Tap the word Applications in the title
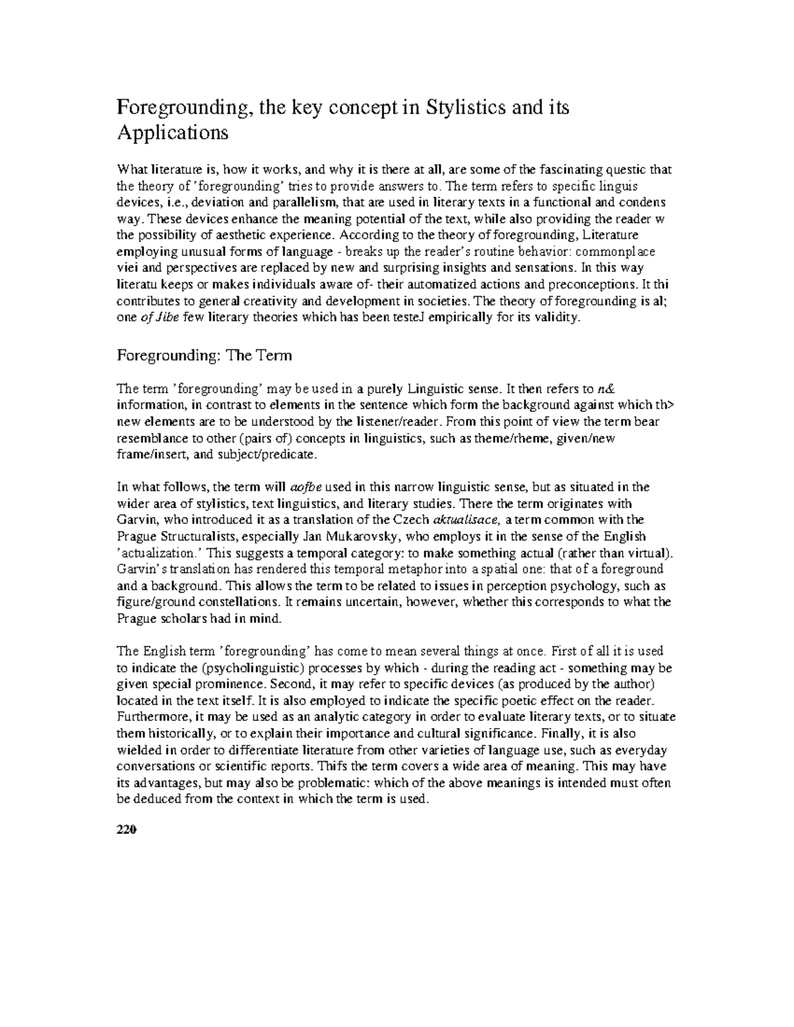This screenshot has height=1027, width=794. pos(172,134)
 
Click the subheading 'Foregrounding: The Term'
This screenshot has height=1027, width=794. pos(204,356)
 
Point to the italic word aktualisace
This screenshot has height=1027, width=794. pos(463,520)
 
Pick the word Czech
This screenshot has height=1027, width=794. pos(411,520)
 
